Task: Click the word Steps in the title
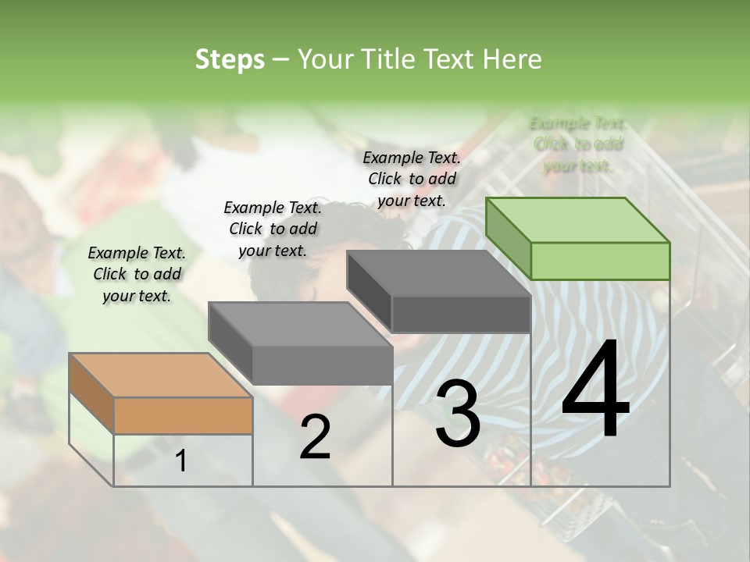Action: [230, 59]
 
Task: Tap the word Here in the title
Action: [511, 59]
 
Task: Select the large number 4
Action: [595, 390]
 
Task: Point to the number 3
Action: [458, 414]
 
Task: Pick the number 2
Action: [315, 437]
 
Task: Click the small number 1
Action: [181, 461]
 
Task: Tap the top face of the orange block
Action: [161, 375]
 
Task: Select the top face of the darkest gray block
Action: [438, 273]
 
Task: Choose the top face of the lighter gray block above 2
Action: [300, 324]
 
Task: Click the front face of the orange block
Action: [184, 415]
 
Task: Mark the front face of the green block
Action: [600, 261]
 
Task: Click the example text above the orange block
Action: [137, 274]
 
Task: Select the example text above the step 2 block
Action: [273, 229]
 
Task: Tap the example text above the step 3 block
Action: [412, 179]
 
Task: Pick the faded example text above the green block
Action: [577, 144]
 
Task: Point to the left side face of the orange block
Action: [91, 393]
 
